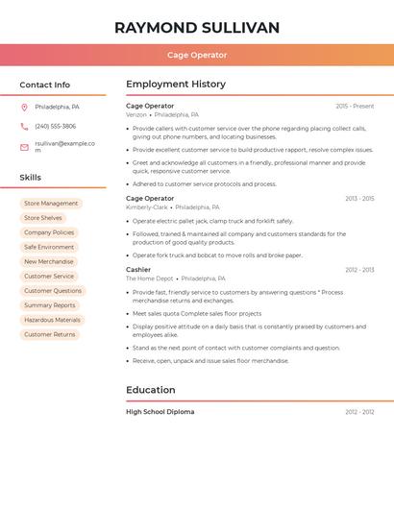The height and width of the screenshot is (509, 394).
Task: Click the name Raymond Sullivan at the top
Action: tap(197, 27)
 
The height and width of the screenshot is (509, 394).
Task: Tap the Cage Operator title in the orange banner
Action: tap(197, 55)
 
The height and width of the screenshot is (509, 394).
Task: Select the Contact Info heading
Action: tap(45, 85)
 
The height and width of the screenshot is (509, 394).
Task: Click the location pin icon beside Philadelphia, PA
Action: tap(24, 107)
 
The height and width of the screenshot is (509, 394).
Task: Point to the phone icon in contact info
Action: tap(24, 126)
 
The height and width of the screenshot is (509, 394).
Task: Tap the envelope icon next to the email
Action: tap(24, 147)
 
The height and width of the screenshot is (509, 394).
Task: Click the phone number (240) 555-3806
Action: tap(55, 126)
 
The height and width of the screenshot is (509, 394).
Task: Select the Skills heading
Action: tap(31, 178)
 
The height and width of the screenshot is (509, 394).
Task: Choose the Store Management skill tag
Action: tap(51, 204)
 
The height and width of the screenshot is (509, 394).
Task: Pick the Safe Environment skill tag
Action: tap(49, 247)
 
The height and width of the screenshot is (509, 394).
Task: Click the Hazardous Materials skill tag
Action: tap(52, 320)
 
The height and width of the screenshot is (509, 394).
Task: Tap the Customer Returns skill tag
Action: tap(49, 334)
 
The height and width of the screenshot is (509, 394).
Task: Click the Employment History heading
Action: tap(176, 85)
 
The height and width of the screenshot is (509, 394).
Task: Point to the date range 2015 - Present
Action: tap(355, 106)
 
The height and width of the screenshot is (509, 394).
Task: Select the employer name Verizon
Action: tap(136, 114)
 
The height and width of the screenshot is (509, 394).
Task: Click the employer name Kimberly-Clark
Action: tap(146, 206)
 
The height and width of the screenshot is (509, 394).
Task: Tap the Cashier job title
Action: tap(138, 270)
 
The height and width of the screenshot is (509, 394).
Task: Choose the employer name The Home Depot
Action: tap(149, 279)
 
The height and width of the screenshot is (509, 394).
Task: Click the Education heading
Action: tap(151, 390)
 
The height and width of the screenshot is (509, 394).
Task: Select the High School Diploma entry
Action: tap(160, 412)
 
